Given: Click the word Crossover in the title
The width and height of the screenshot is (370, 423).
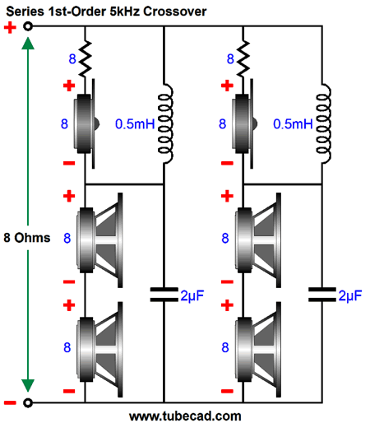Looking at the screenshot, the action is pos(174,12).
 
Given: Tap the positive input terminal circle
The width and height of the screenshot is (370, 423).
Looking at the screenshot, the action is pos(28,26).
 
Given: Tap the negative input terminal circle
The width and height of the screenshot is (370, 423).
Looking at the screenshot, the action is pos(28,402).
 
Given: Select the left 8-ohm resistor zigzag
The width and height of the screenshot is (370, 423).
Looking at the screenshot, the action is pos(86,58).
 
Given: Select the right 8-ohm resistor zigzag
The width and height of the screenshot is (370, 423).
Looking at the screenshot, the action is pos(243,58).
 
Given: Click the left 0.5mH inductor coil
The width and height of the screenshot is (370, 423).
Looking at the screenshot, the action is pos(165,123).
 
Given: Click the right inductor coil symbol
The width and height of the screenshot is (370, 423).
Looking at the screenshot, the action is pos(323,123).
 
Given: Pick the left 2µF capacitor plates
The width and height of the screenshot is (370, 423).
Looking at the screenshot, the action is pos(164,295).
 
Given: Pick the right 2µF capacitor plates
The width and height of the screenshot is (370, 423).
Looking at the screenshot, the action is pos(322,295).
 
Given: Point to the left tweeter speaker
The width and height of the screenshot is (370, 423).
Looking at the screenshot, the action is pos(86,123).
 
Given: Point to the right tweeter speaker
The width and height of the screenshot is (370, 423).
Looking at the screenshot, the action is pos(244,123).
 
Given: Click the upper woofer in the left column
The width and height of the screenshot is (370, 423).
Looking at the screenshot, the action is pos(99,240).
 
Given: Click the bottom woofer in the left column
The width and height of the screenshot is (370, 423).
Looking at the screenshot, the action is pos(99,350).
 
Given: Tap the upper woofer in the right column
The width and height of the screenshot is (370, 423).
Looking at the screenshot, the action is pos(258,240).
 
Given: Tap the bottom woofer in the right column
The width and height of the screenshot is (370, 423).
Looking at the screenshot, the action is pos(258,350).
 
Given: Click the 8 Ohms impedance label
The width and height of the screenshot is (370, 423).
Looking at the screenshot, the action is pos(27,238).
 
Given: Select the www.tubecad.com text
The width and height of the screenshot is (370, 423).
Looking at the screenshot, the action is pos(185,416).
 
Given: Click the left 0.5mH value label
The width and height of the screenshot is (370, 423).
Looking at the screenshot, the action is pos(135,124).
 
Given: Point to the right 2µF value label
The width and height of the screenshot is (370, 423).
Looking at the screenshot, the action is pos(350,295).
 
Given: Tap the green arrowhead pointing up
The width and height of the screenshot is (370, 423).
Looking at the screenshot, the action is pos(28,44).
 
